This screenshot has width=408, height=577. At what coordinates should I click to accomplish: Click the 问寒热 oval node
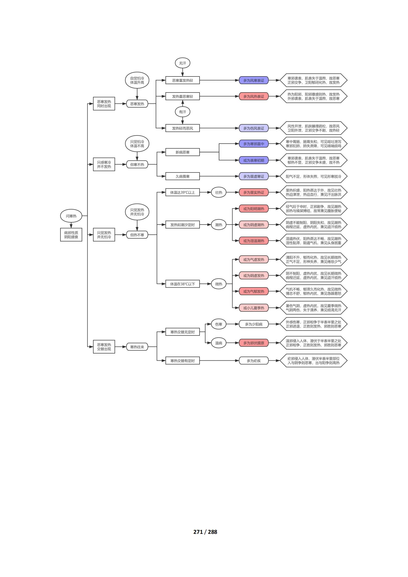coord(71,216)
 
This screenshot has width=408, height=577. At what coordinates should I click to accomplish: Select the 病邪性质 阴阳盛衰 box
coord(71,235)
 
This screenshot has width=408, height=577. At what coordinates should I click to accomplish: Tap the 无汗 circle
coord(182,63)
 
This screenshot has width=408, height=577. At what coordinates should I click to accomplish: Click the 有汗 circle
coord(182,112)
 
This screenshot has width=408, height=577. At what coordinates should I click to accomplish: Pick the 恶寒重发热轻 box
coord(182,80)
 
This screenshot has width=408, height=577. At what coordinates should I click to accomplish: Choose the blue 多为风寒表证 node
coord(254,80)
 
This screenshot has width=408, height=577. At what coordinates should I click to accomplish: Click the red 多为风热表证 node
coord(254,96)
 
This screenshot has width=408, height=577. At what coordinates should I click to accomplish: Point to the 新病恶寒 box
coord(182,152)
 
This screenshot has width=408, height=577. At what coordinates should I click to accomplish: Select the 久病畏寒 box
coord(182,176)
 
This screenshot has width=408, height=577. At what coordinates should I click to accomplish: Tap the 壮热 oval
coord(219,192)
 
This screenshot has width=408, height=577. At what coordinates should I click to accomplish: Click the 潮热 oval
coord(219,225)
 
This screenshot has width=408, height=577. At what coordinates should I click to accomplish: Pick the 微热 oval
coord(219,284)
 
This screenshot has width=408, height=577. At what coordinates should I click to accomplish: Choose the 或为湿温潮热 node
coord(254,241)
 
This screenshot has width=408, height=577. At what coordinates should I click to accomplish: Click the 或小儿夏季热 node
coord(254,308)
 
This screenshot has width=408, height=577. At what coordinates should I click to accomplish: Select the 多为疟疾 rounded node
coord(254,361)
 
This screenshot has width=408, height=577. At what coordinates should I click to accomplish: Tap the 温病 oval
coord(219,343)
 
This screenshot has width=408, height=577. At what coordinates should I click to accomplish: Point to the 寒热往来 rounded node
coord(137,347)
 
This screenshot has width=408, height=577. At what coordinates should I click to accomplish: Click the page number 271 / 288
coord(205,532)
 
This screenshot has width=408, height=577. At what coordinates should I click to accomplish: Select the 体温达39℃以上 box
coord(182,192)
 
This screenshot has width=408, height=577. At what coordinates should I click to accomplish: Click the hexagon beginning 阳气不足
coord(313,176)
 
